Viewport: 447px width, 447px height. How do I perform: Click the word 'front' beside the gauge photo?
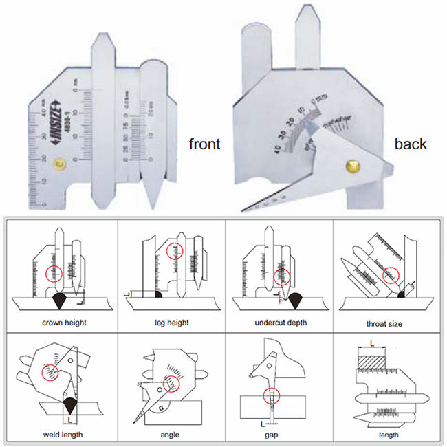205,144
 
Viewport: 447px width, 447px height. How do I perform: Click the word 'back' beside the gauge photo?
410,144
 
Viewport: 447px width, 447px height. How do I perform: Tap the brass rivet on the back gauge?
353,166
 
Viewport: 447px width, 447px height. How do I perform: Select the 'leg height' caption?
171,322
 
